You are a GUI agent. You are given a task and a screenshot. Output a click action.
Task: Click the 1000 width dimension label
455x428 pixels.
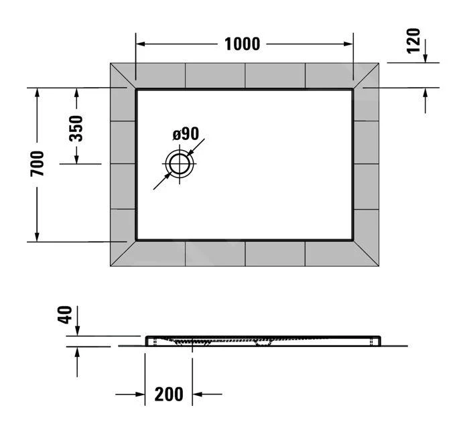242,44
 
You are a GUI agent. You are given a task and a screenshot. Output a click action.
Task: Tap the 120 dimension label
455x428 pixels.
413,41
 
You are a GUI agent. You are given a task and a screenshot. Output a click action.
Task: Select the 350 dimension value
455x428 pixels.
76,127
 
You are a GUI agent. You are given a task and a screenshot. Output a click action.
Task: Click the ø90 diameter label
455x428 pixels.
186,133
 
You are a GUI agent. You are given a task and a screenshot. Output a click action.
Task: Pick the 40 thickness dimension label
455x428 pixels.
65,315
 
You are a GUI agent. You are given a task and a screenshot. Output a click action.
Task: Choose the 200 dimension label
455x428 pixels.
168,395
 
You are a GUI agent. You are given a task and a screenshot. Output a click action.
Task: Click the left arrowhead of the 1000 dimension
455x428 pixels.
141,44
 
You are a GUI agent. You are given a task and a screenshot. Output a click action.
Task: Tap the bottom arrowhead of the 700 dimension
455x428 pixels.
38,235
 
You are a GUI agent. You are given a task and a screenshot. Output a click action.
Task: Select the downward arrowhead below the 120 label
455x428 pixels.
425,58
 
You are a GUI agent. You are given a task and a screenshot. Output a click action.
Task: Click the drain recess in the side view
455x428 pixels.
193,342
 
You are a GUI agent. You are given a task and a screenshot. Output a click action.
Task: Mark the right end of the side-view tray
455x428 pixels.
379,340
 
